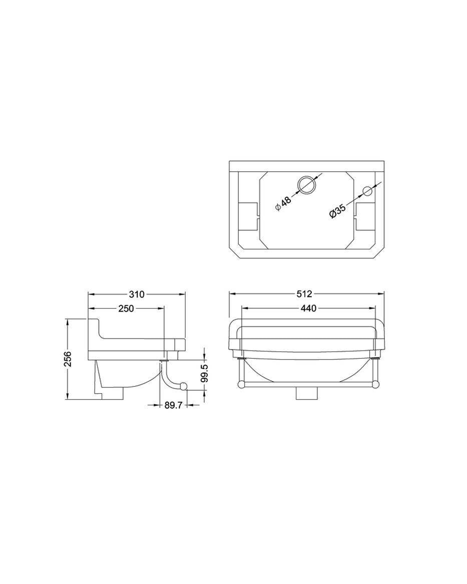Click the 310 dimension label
click(x=136, y=295)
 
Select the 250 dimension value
click(x=126, y=309)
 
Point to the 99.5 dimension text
click(x=204, y=374)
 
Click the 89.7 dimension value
click(x=173, y=405)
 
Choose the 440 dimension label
click(x=308, y=309)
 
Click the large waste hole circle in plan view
click(x=306, y=185)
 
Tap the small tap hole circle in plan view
click(x=368, y=191)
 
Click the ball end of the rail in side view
click(x=184, y=386)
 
